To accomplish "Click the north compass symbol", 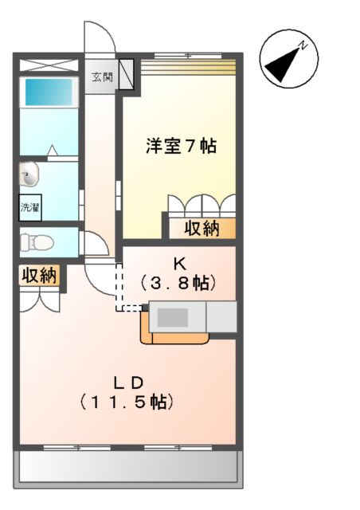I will [x=288, y=61].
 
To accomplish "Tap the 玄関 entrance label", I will [x=101, y=77].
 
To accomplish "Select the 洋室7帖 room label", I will [x=181, y=147].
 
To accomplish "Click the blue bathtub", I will [x=48, y=92].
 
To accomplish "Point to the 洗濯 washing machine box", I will [x=30, y=206].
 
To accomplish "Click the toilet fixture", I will [x=34, y=240].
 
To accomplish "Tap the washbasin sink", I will [x=30, y=174].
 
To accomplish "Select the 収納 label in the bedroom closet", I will [x=202, y=229].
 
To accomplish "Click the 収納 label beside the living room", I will [x=38, y=276].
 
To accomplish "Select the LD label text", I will [x=127, y=381].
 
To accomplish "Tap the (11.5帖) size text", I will [x=127, y=402].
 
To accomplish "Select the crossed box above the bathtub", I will [x=48, y=65].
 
